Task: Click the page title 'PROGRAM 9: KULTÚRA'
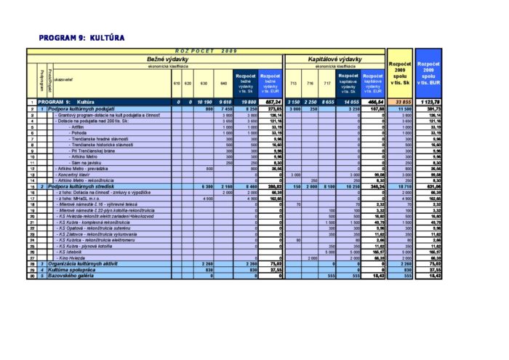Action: pyautogui.click(x=81, y=37)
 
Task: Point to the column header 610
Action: pyautogui.click(x=177, y=83)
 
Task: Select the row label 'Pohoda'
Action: pyautogui.click(x=80, y=133)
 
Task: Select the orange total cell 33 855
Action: pyautogui.click(x=401, y=102)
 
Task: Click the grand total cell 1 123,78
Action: pyautogui.click(x=428, y=102)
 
